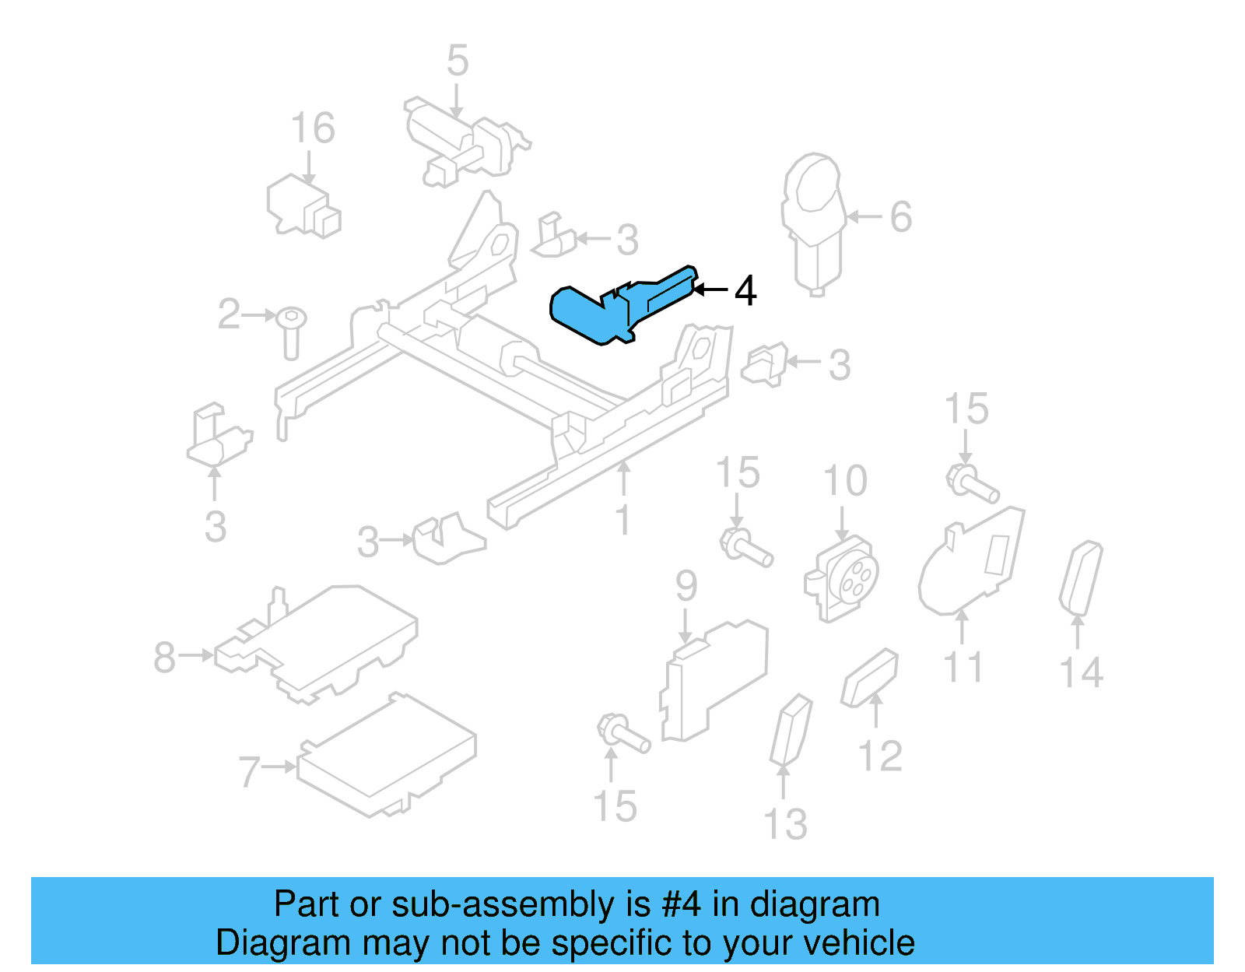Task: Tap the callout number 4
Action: (x=745, y=290)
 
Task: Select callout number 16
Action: (x=313, y=128)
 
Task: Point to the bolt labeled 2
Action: (x=292, y=331)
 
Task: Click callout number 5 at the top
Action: (x=458, y=60)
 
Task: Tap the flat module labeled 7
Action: (x=387, y=756)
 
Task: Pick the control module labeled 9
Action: (x=712, y=681)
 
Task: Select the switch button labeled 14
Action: (x=1081, y=577)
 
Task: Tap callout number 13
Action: (x=785, y=824)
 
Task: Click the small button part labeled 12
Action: (x=870, y=678)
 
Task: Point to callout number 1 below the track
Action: (x=622, y=519)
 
